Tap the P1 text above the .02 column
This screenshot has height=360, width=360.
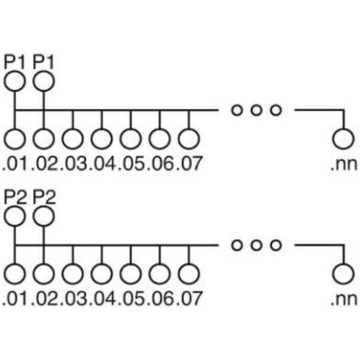coord(44,62)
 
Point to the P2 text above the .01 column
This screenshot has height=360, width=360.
coord(15,197)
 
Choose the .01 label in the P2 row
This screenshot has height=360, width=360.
coord(15,299)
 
